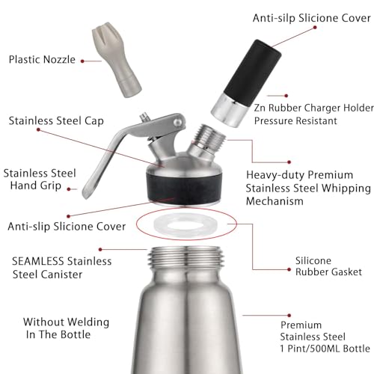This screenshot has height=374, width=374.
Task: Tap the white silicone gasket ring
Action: pos(185,224)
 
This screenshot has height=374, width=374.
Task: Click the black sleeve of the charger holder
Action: pos(253,73)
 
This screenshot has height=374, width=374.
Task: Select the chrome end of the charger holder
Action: pos(230,110)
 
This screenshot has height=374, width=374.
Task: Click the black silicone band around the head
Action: pos(184,188)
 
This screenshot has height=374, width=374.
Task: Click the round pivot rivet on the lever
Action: pos(178,122)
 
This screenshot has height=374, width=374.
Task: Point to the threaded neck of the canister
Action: pos(186,258)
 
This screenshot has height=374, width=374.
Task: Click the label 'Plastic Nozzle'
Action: pos(42,60)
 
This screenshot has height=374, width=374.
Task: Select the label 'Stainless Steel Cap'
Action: pos(56,121)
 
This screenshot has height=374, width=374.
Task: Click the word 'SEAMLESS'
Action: pos(38,261)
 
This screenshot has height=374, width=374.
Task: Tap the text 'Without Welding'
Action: pos(66,322)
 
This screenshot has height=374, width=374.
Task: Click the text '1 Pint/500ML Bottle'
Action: pos(325,349)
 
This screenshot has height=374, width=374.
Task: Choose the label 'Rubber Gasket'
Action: pos(328,272)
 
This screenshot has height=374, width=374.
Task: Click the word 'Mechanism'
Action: pos(275,201)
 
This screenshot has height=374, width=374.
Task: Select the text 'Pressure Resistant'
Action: pos(295,120)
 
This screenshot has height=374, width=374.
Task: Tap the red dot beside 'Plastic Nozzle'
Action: pos(82,61)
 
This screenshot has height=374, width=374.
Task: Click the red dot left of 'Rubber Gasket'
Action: pos(289,269)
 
